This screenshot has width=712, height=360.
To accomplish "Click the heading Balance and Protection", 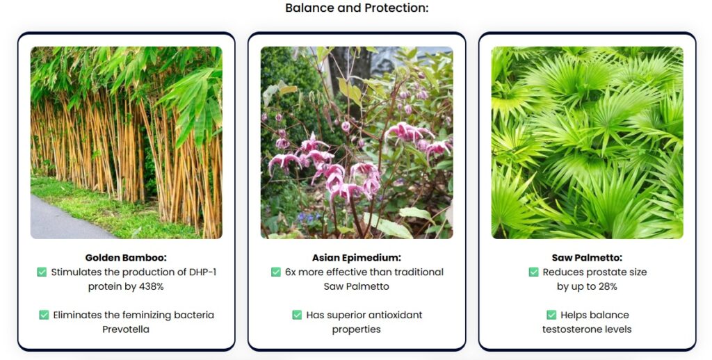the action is (357, 8).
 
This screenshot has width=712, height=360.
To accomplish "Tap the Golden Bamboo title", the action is (126, 258).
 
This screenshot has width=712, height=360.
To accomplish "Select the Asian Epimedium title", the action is (357, 258).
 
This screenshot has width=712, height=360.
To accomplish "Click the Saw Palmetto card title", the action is (587, 258).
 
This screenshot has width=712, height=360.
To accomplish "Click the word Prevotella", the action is (126, 329).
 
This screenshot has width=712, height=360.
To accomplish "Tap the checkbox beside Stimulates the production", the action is (42, 272).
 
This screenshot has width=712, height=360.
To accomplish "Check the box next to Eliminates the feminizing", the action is (44, 315).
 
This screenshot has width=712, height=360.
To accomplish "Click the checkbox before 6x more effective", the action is (275, 272).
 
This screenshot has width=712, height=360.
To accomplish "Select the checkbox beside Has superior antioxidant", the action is (297, 315).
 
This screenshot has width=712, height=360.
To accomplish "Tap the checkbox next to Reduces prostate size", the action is (533, 272).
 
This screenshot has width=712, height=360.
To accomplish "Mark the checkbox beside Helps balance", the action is (551, 315).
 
